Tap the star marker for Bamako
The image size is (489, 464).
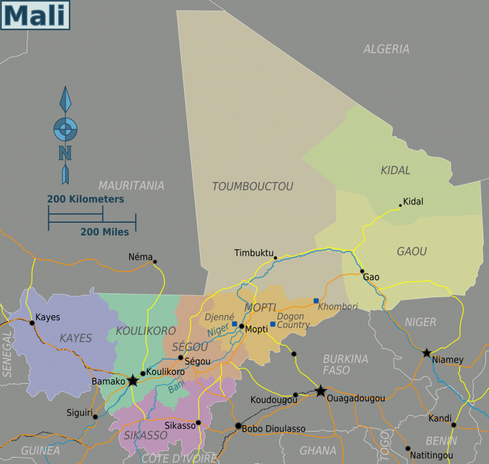pyautogui.click(x=132, y=381)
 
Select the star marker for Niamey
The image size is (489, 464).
pyautogui.click(x=427, y=353)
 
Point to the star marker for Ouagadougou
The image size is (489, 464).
pyautogui.click(x=321, y=391)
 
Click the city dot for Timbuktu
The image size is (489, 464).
pyautogui.click(x=275, y=258)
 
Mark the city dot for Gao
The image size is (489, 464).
pyautogui.click(x=362, y=271)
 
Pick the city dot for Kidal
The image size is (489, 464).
pyautogui.click(x=400, y=206)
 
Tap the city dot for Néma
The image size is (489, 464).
pyautogui.click(x=155, y=262)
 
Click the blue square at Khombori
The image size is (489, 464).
pyautogui.click(x=316, y=300)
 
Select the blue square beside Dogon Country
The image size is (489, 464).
pyautogui.click(x=273, y=324)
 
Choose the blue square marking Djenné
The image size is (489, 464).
pyautogui.click(x=234, y=324)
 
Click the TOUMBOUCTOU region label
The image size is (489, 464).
pyautogui.click(x=252, y=186)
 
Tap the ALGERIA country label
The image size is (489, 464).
pyautogui.click(x=386, y=49)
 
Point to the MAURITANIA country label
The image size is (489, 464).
pyautogui.click(x=131, y=186)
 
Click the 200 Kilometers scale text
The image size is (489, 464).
pyautogui.click(x=85, y=199)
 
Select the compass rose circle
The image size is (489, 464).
pyautogui.click(x=65, y=130)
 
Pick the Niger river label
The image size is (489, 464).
pyautogui.click(x=217, y=330)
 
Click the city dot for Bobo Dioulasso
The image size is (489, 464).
pyautogui.click(x=238, y=426)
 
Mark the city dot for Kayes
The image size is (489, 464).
pyautogui.click(x=32, y=323)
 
